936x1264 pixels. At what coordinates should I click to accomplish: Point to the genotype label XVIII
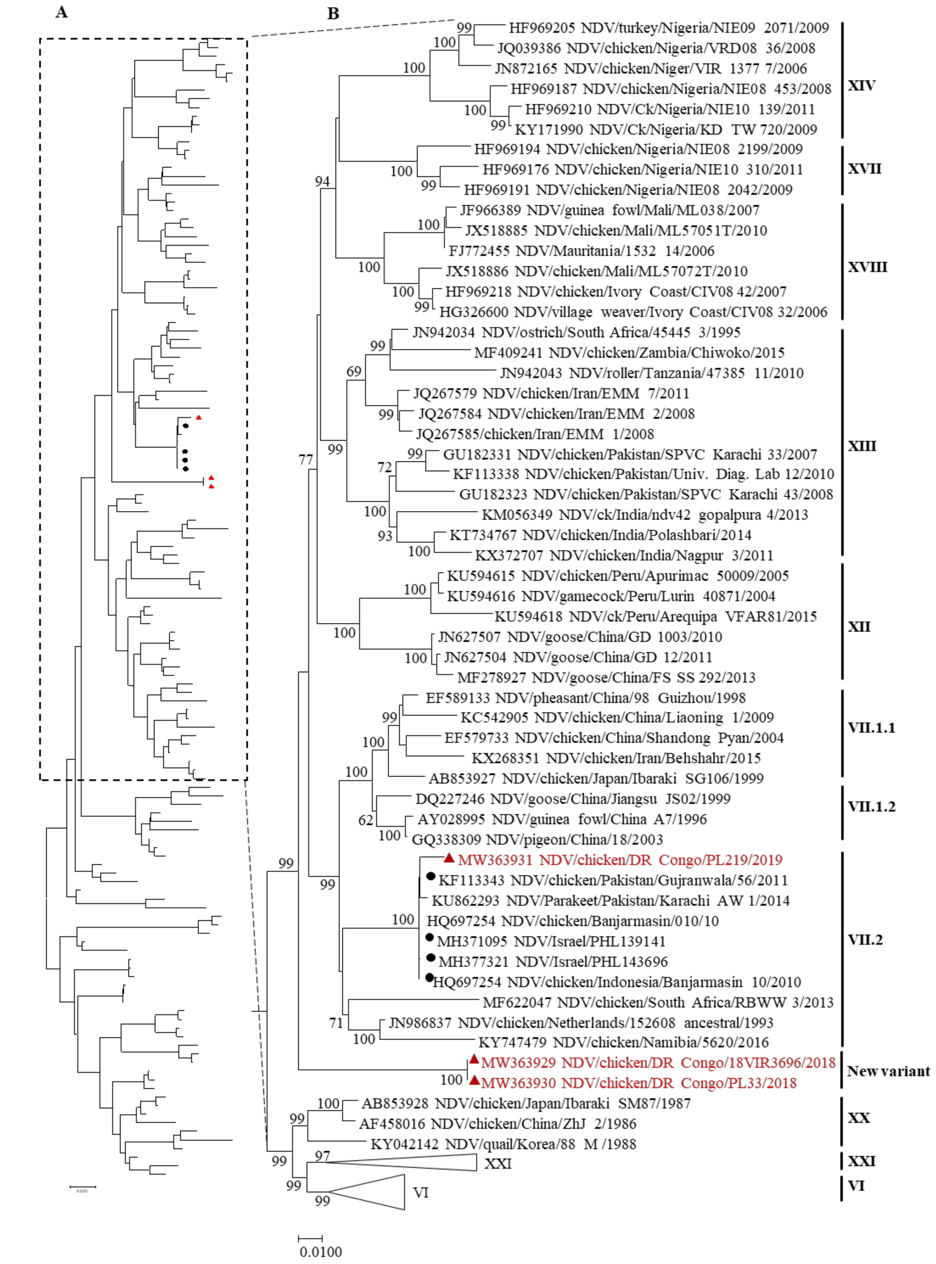[x=867, y=267]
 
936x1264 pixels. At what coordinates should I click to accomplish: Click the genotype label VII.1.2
[x=871, y=806]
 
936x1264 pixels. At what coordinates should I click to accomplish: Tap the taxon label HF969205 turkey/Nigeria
[x=669, y=28]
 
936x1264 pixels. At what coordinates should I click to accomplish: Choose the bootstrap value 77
[x=306, y=460]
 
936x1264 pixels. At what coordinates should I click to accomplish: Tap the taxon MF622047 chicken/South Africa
[x=657, y=1002]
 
